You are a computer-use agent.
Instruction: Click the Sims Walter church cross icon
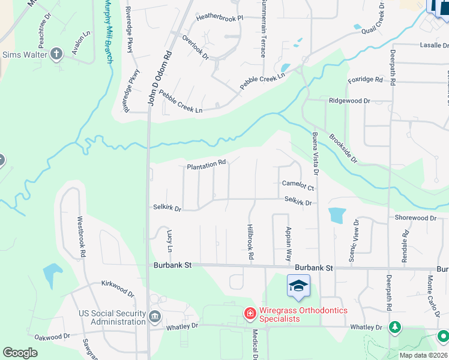(57, 55)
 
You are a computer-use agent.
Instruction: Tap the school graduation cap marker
(298, 286)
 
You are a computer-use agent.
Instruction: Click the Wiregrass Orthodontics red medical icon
(249, 313)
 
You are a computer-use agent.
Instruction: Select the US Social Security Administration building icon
(155, 316)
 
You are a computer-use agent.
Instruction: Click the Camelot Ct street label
(298, 187)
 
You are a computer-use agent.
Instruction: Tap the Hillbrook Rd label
(250, 242)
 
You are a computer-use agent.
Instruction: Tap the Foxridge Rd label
(365, 80)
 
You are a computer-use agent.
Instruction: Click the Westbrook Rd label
(82, 237)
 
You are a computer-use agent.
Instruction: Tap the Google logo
(20, 353)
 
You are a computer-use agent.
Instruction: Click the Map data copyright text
(423, 355)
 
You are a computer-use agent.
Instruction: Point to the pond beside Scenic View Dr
(337, 215)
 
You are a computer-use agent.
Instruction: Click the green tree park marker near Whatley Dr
(394, 328)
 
